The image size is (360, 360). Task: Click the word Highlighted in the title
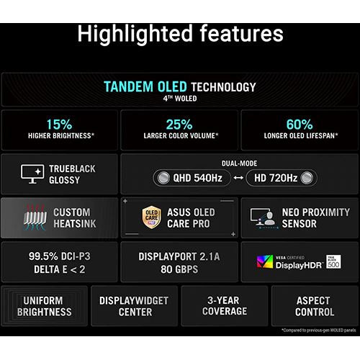coord(135,34)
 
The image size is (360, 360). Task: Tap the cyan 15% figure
coord(59,125)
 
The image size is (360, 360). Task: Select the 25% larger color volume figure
coord(179,125)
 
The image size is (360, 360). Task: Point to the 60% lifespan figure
coord(300,125)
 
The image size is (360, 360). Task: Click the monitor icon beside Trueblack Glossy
coord(32,174)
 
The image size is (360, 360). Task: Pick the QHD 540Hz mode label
coord(198,178)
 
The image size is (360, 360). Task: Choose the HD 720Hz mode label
coord(276,178)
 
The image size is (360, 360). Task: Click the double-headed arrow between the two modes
coord(238,178)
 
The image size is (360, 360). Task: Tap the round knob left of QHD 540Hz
coord(163,178)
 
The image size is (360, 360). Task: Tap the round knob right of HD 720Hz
coord(307,178)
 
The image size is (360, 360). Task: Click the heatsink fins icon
coord(35,217)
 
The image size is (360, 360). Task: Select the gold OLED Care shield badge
coord(151,217)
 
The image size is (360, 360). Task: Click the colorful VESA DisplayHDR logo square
coord(265,261)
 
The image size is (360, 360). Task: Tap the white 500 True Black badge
coord(333,261)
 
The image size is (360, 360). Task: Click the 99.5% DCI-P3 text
coord(60,256)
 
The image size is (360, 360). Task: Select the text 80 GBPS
coord(179,269)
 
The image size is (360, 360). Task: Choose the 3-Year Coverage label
coord(225,306)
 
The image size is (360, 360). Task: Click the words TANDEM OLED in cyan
coord(145,86)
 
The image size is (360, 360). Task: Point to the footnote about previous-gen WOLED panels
coord(319,330)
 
